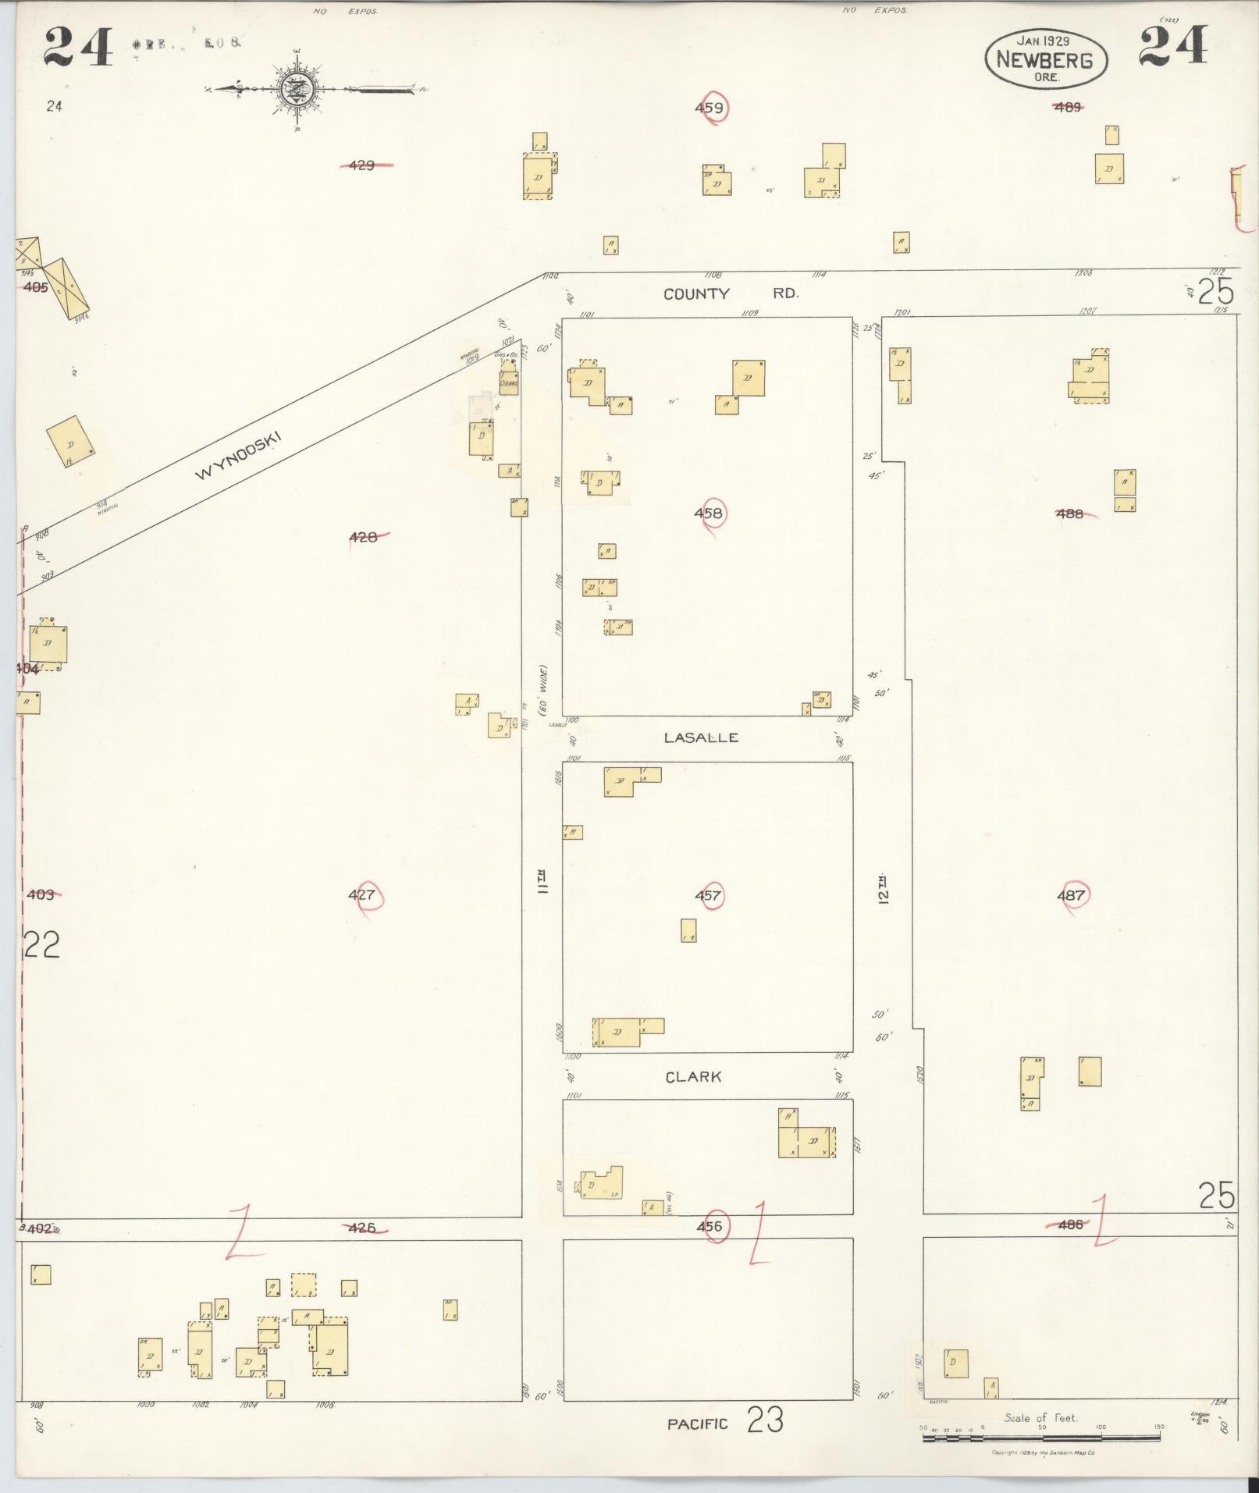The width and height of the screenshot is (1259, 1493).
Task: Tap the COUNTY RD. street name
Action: [x=731, y=294]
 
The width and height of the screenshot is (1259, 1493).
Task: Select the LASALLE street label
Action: [x=701, y=738]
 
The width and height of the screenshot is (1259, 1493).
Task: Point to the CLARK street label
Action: [x=693, y=1077]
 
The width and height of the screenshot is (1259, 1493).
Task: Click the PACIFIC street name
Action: [x=697, y=1424]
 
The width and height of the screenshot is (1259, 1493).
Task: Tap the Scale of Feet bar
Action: [x=1043, y=1437]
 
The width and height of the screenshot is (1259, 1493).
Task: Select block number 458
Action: [x=708, y=514]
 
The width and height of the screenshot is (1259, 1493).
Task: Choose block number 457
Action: [x=708, y=895]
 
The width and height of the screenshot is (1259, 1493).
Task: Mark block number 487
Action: [x=1071, y=895]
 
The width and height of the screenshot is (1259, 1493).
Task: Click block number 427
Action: [x=362, y=895]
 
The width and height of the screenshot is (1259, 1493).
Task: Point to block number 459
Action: [x=709, y=108]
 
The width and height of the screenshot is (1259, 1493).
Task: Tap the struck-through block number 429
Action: [x=362, y=165]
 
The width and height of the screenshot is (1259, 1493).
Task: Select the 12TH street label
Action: [x=883, y=888]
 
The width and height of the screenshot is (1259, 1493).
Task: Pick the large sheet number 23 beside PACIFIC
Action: [x=765, y=1420]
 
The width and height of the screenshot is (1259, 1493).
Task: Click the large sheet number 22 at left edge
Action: [x=42, y=946]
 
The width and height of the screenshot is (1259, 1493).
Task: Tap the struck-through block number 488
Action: [x=1070, y=514]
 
